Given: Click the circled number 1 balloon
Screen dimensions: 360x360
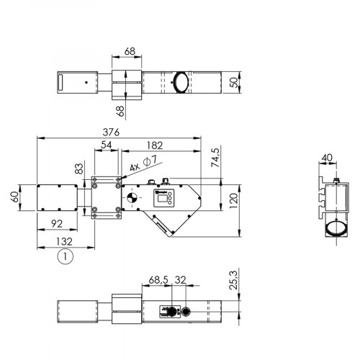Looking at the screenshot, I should [x=65, y=256].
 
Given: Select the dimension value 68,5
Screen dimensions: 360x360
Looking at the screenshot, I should [x=159, y=279].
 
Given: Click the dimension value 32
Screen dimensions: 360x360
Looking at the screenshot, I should [x=180, y=279].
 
